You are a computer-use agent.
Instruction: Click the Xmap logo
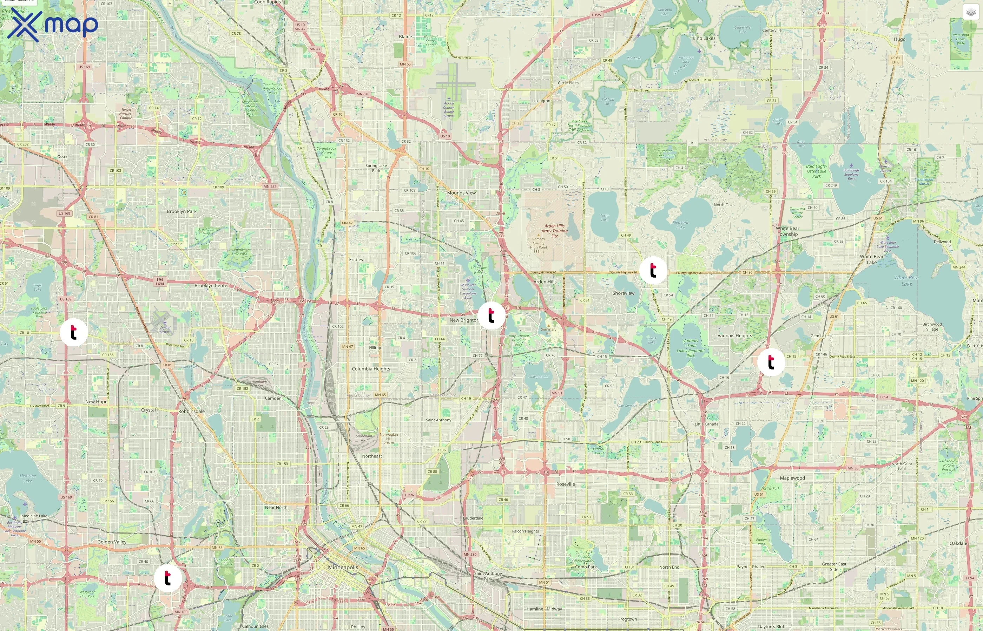pyautogui.click(x=53, y=25)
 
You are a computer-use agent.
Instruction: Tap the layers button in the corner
pyautogui.click(x=971, y=12)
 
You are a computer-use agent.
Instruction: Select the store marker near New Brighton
pyautogui.click(x=491, y=315)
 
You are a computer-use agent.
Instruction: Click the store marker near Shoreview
pyautogui.click(x=653, y=270)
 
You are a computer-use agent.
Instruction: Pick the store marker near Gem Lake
pyautogui.click(x=771, y=362)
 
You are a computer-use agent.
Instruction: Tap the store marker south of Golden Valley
pyautogui.click(x=167, y=578)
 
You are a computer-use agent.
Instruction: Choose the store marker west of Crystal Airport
pyautogui.click(x=73, y=332)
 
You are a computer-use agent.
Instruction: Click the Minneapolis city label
pyautogui.click(x=343, y=568)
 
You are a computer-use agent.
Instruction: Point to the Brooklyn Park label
pyautogui.click(x=182, y=211)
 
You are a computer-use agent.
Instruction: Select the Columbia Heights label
pyautogui.click(x=371, y=369)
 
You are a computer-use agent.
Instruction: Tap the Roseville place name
pyautogui.click(x=565, y=484)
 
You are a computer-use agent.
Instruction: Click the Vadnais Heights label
pyautogui.click(x=735, y=335)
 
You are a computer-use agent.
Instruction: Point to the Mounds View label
pyautogui.click(x=461, y=192)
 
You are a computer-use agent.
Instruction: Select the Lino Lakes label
pyautogui.click(x=704, y=38)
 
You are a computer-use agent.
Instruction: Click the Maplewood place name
pyautogui.click(x=792, y=478)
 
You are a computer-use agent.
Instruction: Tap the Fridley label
pyautogui.click(x=356, y=259)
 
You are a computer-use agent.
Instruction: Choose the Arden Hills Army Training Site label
pyautogui.click(x=554, y=231)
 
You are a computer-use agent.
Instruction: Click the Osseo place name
pyautogui.click(x=63, y=156)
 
